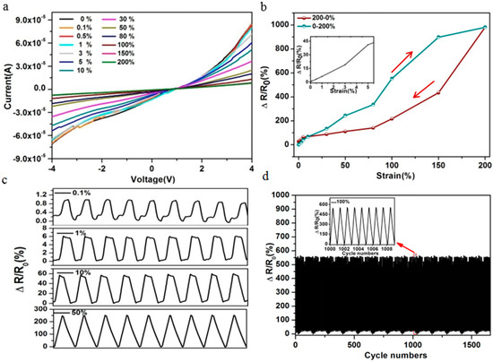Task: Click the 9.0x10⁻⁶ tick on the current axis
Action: tap(29, 13)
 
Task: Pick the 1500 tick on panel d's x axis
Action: tap(470, 343)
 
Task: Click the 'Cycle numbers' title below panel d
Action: tap(391, 355)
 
